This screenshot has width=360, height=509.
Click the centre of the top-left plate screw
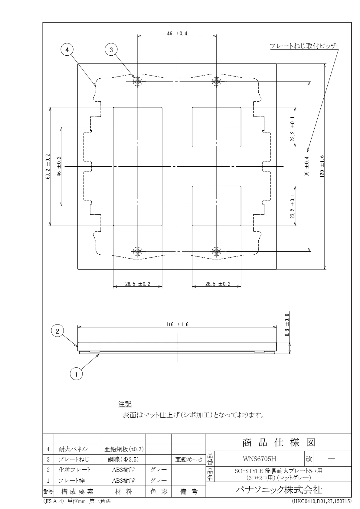[138, 81]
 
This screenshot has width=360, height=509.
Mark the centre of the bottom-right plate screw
[216, 251]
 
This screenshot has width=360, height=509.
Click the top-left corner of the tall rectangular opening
[113, 107]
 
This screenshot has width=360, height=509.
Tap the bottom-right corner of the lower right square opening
[241, 226]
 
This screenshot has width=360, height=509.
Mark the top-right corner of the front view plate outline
[277, 64]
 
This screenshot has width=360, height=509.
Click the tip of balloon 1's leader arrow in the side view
[100, 354]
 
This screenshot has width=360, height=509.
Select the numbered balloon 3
[111, 50]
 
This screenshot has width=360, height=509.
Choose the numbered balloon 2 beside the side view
[57, 331]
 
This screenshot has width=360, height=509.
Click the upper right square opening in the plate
[216, 127]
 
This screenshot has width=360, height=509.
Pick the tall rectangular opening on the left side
[138, 167]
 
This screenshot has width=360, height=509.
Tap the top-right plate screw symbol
[216, 81]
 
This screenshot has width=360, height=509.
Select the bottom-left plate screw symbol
[138, 251]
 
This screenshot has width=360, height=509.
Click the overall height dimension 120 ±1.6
[322, 166]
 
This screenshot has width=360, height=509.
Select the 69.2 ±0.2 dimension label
[48, 166]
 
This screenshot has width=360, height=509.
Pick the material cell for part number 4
[124, 449]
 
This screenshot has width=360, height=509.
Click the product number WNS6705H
[260, 459]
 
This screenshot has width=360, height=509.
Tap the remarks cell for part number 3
[189, 459]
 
